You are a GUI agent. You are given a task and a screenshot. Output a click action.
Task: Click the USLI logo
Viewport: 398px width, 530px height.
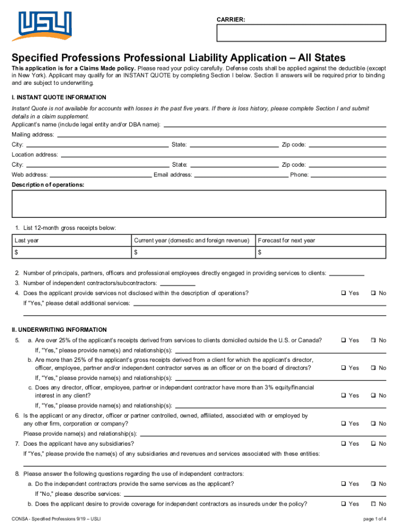[x=44, y=26]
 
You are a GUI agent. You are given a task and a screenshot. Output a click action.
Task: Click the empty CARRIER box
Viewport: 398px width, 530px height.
[x=301, y=33]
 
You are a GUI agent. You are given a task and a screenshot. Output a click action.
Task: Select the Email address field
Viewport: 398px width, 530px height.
[x=241, y=175]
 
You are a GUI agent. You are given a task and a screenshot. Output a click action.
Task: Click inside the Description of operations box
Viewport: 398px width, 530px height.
[x=199, y=203]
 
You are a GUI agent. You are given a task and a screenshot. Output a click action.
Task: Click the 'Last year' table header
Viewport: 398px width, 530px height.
[x=27, y=240]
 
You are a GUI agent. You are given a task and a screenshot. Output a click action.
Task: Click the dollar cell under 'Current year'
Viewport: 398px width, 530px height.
[x=193, y=252]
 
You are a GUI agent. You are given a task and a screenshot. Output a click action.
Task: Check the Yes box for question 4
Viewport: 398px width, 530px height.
[x=343, y=293]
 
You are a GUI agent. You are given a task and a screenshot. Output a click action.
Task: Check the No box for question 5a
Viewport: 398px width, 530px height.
[x=374, y=340]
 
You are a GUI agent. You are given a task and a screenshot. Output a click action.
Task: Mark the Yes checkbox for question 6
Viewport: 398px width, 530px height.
[x=343, y=423]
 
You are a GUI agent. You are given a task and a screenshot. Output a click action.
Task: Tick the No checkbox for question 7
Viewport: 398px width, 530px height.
[x=374, y=444]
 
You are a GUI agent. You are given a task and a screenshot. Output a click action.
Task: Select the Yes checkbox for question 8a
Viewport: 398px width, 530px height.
[x=343, y=483]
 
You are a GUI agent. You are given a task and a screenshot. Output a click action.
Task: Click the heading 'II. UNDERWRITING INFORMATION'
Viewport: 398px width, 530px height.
[x=59, y=330]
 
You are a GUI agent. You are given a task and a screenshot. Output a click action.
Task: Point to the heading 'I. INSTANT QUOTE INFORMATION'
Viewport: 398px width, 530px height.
[x=59, y=97]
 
